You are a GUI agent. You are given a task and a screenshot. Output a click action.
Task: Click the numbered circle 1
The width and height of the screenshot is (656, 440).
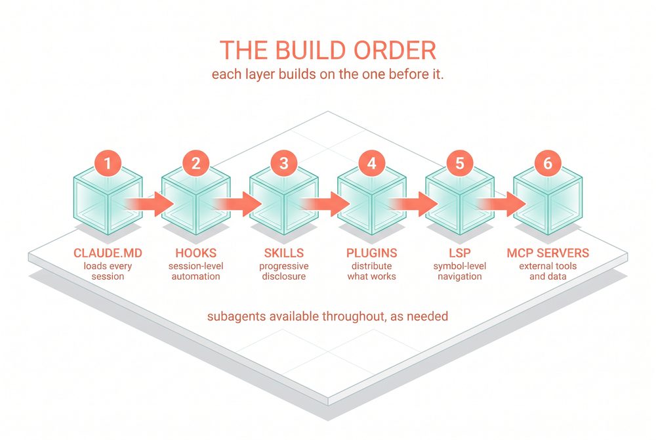click(108, 163)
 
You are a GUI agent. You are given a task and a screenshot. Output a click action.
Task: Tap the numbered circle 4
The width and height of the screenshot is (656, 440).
click(371, 163)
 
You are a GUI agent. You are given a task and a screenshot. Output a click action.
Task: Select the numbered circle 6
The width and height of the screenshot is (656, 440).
click(548, 163)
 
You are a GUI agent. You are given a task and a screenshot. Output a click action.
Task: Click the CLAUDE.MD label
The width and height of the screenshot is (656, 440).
click(108, 253)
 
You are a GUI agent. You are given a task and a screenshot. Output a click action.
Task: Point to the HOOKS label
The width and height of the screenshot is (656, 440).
click(195, 253)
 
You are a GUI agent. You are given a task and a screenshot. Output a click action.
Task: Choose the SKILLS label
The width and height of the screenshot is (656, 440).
click(283, 253)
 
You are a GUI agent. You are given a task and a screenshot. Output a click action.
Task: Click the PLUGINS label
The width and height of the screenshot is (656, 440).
click(371, 253)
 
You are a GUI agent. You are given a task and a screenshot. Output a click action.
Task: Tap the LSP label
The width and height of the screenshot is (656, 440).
click(460, 253)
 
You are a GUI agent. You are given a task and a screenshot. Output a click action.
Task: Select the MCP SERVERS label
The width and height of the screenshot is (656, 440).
click(548, 253)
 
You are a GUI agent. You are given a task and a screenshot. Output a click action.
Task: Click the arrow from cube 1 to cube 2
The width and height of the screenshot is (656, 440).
click(151, 204)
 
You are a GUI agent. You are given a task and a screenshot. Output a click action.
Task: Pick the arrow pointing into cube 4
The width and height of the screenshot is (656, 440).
click(326, 204)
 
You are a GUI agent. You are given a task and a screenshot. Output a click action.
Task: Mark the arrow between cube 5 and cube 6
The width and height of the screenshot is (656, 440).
click(502, 204)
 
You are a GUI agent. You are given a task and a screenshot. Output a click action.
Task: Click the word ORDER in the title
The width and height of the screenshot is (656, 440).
click(395, 50)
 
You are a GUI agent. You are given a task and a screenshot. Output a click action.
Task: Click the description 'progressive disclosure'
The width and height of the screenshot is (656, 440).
click(283, 271)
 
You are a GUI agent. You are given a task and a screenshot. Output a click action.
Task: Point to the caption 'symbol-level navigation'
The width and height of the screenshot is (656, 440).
click(460, 271)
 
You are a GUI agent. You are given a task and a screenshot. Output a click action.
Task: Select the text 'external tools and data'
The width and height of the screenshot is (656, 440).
click(548, 271)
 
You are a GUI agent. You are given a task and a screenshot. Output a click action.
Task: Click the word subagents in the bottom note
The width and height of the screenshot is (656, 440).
click(236, 316)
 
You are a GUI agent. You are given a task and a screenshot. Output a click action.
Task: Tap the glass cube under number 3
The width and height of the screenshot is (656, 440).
click(283, 201)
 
